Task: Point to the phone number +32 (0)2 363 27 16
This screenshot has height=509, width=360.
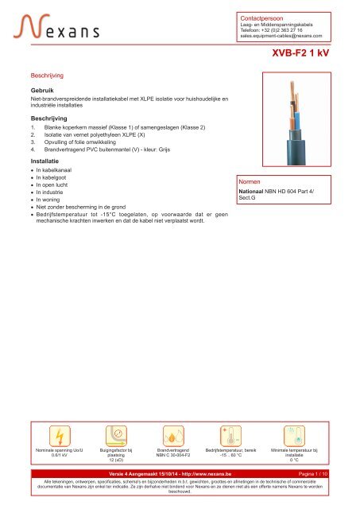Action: coord(293,29)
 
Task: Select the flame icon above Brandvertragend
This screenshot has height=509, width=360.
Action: coord(172,437)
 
